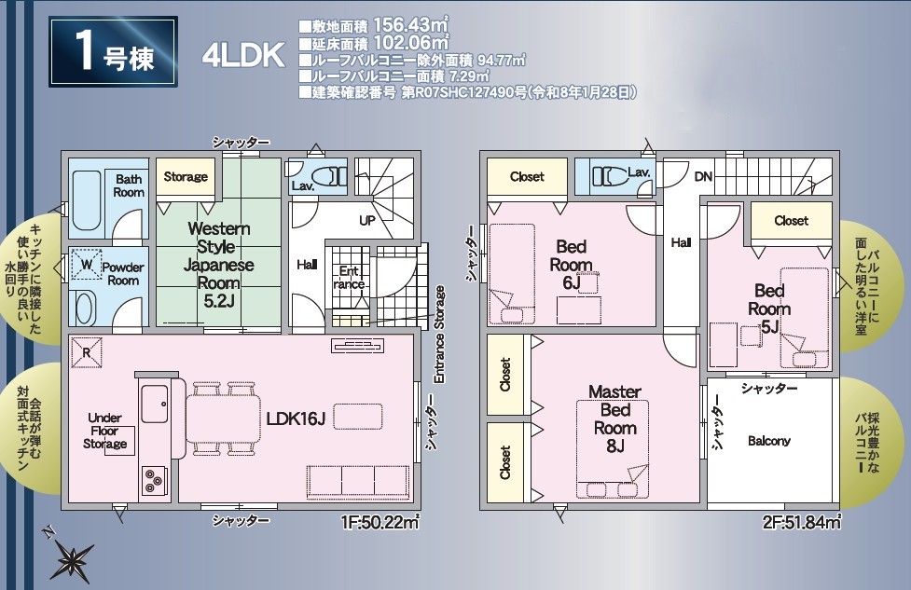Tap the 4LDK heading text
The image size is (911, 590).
coord(243,55)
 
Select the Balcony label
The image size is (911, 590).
coord(769,441)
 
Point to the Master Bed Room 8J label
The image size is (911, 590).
coord(614,418)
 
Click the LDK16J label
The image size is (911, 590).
coord(296,418)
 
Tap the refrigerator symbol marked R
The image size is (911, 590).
coord(86,352)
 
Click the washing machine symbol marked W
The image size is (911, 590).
coord(87,265)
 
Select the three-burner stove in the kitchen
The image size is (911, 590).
coord(154,480)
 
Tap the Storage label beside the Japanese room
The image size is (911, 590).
coord(186,176)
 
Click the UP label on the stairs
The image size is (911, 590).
coord(367,221)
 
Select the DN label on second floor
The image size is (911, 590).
coord(703,176)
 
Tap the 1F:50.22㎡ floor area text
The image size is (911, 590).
coord(380,523)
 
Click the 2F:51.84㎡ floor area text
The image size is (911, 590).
coord(802,523)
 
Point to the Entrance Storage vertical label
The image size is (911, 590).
coord(439,334)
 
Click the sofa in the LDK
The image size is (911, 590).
coord(357,481)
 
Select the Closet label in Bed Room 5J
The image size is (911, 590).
coord(791,221)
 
